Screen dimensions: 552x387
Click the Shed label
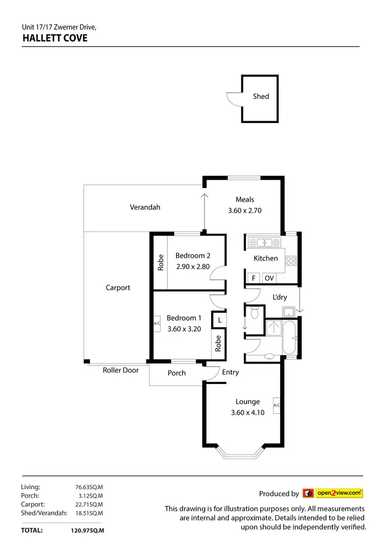click(261, 96)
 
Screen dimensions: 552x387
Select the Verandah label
click(144, 207)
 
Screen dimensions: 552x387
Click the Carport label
click(118, 288)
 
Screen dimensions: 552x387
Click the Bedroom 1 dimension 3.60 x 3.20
click(184, 329)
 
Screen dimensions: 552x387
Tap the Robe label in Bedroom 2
click(160, 262)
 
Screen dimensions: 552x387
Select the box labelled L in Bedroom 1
click(219, 320)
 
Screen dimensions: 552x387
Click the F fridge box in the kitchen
click(253, 278)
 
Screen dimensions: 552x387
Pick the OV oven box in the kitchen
click(268, 278)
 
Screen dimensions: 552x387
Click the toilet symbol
click(254, 312)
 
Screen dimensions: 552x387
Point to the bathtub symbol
click(289, 337)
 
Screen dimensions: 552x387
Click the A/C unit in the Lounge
click(277, 405)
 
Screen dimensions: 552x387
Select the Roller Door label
click(120, 370)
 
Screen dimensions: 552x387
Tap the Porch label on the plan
click(176, 373)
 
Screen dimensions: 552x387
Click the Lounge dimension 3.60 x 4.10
click(248, 412)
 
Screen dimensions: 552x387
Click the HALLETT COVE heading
click(54, 38)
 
